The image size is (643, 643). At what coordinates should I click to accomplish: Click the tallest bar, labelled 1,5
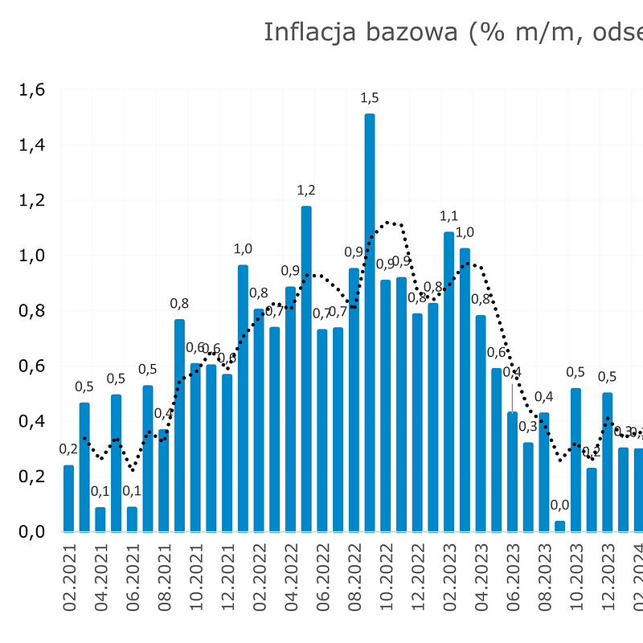tap(370, 321)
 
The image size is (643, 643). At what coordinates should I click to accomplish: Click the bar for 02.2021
tap(69, 498)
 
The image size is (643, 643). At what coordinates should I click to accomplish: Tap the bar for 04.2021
tap(100, 519)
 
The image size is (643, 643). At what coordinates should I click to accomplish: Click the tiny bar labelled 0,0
tap(559, 526)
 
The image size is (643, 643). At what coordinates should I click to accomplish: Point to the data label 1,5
tap(370, 98)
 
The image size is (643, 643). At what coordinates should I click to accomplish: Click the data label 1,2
tap(306, 190)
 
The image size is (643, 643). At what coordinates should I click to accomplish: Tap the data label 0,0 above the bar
tap(559, 505)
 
